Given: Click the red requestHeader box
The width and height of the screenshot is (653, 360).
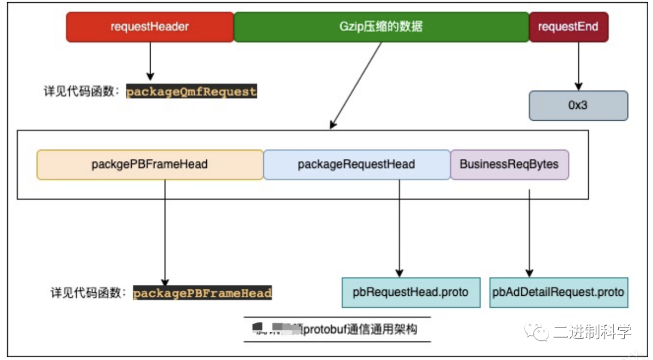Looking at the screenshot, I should (150, 27).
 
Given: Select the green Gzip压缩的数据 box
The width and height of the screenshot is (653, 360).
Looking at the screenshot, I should (381, 27).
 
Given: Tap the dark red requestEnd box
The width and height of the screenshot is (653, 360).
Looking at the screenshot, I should (568, 27).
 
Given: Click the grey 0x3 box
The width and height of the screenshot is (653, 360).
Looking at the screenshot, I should (578, 105).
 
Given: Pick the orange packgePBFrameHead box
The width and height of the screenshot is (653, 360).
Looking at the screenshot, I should (150, 164).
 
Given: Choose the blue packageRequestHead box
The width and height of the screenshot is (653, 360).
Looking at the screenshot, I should (356, 164).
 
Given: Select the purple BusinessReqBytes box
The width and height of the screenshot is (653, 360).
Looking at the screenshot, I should (509, 164).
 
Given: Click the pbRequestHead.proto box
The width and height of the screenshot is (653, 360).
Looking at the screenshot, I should (410, 292).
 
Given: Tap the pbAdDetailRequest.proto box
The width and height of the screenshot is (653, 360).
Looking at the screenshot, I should (558, 292).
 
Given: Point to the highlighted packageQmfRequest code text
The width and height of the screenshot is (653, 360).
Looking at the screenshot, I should (192, 91).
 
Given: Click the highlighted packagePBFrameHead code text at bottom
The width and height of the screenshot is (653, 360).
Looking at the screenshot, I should (202, 293).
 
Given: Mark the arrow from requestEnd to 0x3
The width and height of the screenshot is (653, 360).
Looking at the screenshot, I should (578, 65).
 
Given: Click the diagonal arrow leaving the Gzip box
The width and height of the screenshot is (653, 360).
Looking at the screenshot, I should (356, 84).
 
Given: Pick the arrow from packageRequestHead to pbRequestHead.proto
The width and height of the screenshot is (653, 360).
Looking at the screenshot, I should (399, 228).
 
